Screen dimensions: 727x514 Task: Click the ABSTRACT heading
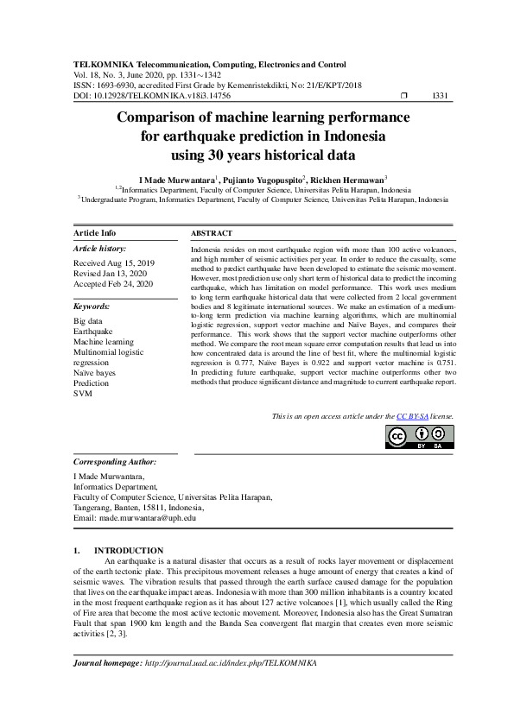[212, 234]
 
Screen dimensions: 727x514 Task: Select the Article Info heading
[95, 234]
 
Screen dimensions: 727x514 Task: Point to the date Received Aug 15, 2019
[114, 262]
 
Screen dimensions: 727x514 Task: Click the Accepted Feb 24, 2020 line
[113, 283]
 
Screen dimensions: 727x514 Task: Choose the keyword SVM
[82, 393]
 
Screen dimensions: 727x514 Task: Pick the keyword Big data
[89, 320]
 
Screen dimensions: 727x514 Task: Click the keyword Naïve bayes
[96, 372]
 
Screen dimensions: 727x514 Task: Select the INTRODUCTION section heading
[128, 550]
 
